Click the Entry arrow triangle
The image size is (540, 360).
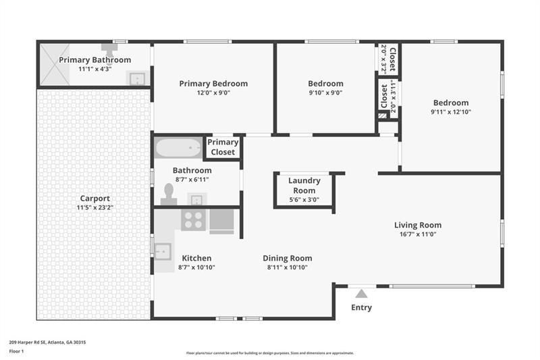pyautogui.click(x=361, y=294)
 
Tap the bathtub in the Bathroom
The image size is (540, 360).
pyautogui.click(x=178, y=148)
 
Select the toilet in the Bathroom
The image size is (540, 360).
pyautogui.click(x=169, y=195)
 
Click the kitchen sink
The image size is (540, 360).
pyautogui.click(x=163, y=251)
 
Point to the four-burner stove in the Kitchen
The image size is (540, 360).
pyautogui.click(x=193, y=220)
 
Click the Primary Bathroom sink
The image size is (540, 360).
pyautogui.click(x=137, y=78)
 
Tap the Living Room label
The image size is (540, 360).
pyautogui.click(x=418, y=225)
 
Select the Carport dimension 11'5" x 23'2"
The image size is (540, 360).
pyautogui.click(x=94, y=207)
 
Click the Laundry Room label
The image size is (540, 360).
pyautogui.click(x=304, y=185)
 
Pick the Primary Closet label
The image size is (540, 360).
pyautogui.click(x=223, y=147)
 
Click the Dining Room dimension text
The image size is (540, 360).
pyautogui.click(x=288, y=267)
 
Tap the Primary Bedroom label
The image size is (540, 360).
pyautogui.click(x=213, y=83)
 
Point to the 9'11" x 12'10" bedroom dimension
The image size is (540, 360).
pyautogui.click(x=451, y=111)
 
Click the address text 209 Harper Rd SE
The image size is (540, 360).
pyautogui.click(x=28, y=342)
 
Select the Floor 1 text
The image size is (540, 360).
pyautogui.click(x=16, y=351)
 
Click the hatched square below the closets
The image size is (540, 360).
pyautogui.click(x=383, y=115)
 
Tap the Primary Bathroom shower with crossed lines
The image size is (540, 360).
pyautogui.click(x=55, y=64)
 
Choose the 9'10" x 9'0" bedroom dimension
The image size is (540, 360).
pyautogui.click(x=326, y=93)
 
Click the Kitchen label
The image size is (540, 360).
pyautogui.click(x=196, y=258)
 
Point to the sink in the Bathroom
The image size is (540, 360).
pyautogui.click(x=196, y=199)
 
